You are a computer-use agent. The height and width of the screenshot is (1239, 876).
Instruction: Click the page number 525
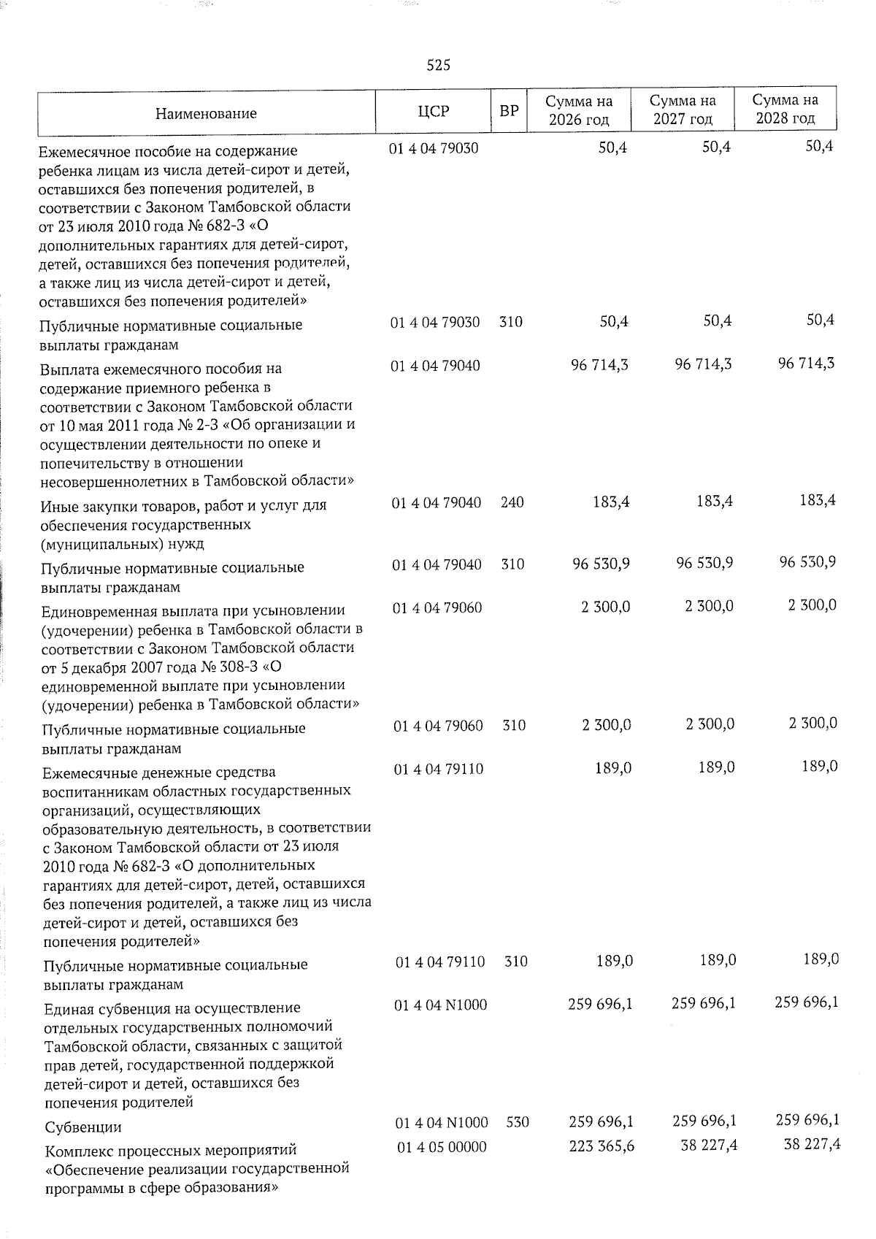(x=438, y=66)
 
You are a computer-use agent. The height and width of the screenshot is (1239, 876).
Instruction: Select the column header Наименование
(x=206, y=113)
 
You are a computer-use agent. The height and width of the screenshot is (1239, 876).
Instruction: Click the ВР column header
(x=509, y=112)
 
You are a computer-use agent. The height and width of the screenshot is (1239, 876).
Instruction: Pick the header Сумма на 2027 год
(x=683, y=110)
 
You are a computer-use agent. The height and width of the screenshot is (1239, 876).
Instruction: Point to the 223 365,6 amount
(x=602, y=1147)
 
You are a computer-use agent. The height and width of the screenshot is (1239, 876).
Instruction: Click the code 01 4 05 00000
(x=441, y=1147)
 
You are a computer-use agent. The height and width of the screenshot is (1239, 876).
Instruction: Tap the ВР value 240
(x=512, y=503)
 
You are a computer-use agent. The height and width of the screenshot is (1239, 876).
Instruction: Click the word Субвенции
(x=83, y=1127)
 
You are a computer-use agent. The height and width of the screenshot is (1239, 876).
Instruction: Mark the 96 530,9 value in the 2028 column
(x=807, y=562)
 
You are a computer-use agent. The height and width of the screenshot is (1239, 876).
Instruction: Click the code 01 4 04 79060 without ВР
(x=437, y=607)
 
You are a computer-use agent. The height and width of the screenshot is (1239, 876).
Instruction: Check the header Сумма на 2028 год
(x=785, y=110)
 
